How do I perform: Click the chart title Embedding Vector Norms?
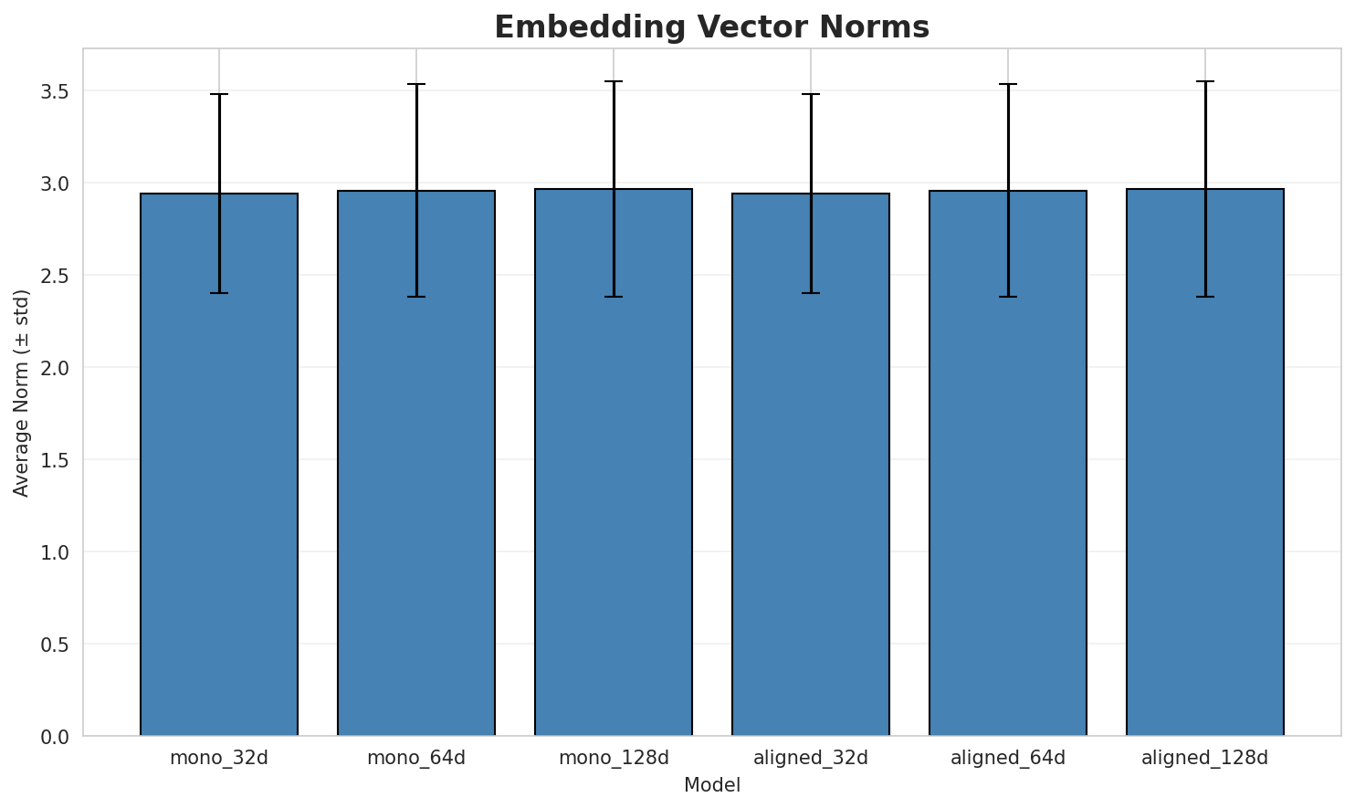(x=711, y=27)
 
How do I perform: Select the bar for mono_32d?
(x=219, y=466)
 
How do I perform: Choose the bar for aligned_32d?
(x=811, y=466)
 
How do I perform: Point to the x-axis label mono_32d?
(x=219, y=758)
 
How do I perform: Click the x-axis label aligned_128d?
(x=1205, y=758)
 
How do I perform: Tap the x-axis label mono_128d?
(x=614, y=758)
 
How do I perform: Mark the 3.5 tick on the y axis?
(x=60, y=91)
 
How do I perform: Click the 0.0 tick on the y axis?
(x=60, y=736)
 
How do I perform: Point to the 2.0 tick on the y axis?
(x=60, y=368)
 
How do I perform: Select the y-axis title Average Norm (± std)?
(x=23, y=393)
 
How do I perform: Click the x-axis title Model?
(x=711, y=786)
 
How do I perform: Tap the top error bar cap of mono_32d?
(x=219, y=94)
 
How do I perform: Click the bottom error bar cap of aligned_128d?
(x=1205, y=297)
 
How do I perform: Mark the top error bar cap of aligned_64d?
(x=1008, y=84)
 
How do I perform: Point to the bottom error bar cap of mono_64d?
(x=416, y=297)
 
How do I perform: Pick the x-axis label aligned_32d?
(x=811, y=758)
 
